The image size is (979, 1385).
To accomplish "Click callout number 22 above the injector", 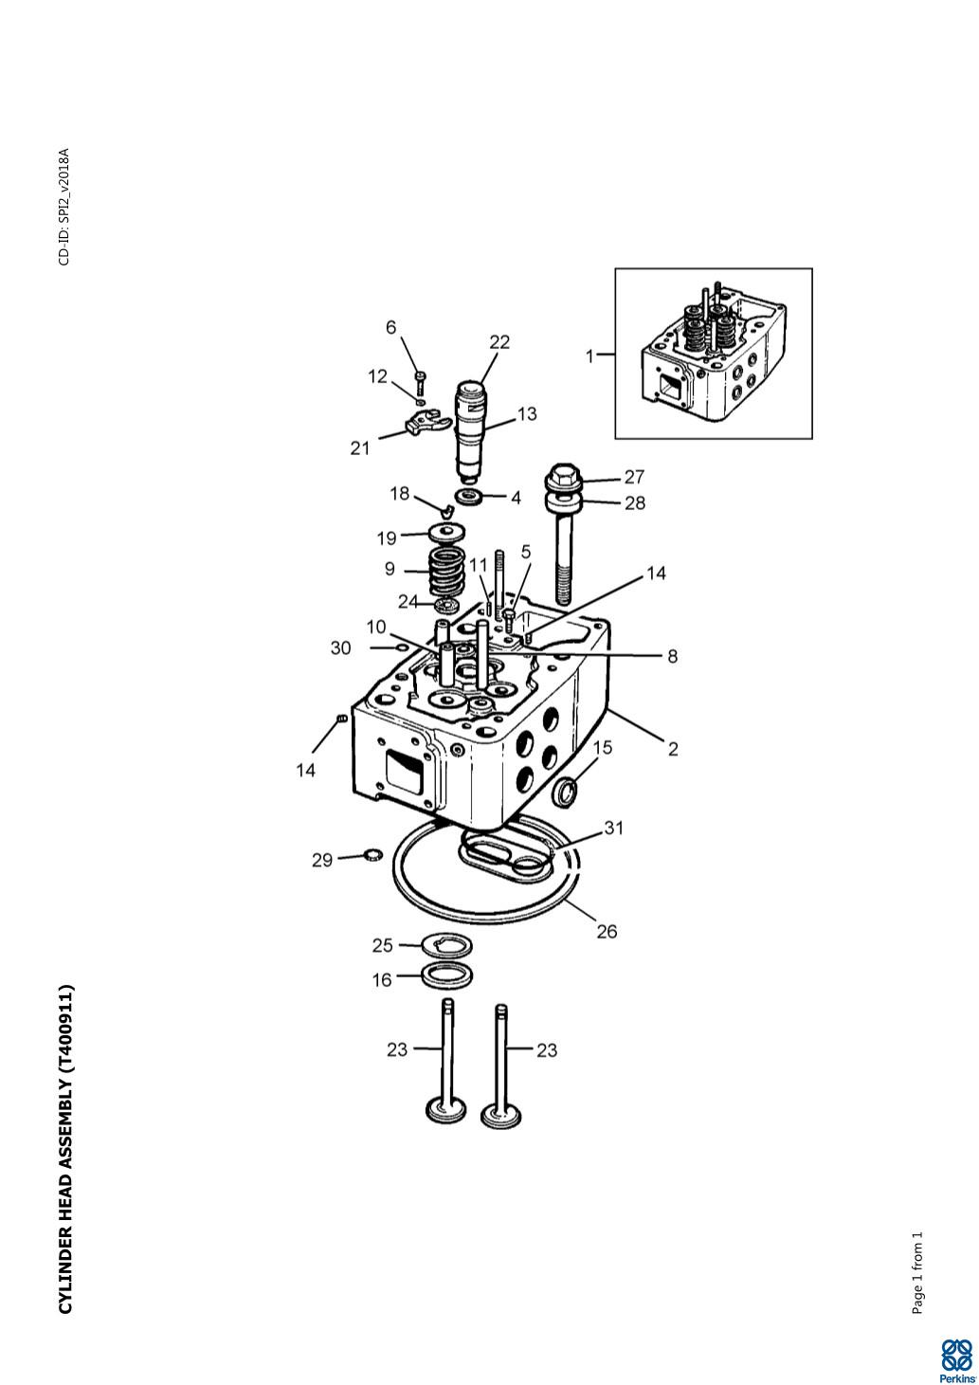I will pyautogui.click(x=499, y=342).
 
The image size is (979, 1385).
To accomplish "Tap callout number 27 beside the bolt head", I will pyautogui.click(x=634, y=477).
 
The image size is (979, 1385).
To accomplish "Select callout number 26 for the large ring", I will pyautogui.click(x=607, y=932).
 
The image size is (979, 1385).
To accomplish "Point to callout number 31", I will pyautogui.click(x=614, y=828).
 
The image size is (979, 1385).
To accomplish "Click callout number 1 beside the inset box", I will pyautogui.click(x=589, y=356).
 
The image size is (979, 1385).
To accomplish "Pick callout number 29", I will pyautogui.click(x=322, y=860).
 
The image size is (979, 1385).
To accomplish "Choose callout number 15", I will pyautogui.click(x=603, y=747).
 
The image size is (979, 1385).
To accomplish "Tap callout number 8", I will pyautogui.click(x=672, y=656).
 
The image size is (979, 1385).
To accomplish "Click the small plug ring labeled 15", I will pyautogui.click(x=566, y=790).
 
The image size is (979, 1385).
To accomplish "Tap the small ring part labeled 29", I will pyautogui.click(x=372, y=856).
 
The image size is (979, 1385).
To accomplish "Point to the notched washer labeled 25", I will pyautogui.click(x=446, y=945).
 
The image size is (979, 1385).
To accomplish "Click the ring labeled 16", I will pyautogui.click(x=447, y=975).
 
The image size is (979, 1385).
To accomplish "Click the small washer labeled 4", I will pyautogui.click(x=468, y=497).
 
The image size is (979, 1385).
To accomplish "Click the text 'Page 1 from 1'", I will pyautogui.click(x=916, y=1273).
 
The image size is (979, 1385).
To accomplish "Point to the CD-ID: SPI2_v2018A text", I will pyautogui.click(x=64, y=207).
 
